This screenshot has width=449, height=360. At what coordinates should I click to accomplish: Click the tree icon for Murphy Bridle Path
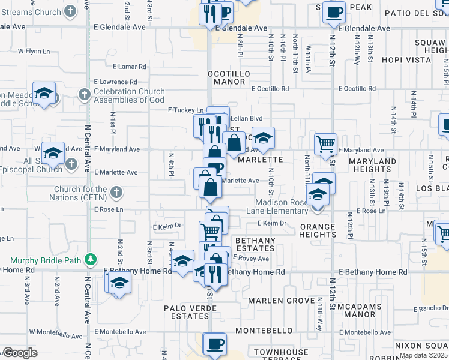(91, 260)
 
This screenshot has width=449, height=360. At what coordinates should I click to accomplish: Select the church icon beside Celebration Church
(84, 94)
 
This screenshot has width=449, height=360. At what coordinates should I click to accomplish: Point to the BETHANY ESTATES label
(255, 244)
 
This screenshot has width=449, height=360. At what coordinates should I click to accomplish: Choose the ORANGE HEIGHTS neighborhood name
(318, 230)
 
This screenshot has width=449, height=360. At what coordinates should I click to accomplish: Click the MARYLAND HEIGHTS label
(371, 165)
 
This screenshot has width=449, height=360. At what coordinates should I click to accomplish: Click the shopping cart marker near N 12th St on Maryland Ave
(325, 145)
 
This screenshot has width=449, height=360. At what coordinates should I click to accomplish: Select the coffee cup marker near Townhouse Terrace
(214, 344)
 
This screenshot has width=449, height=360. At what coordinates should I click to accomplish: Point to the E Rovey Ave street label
(251, 258)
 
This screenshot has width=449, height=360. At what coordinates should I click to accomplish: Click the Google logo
(20, 353)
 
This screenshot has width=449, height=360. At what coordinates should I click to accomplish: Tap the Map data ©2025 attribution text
(423, 355)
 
